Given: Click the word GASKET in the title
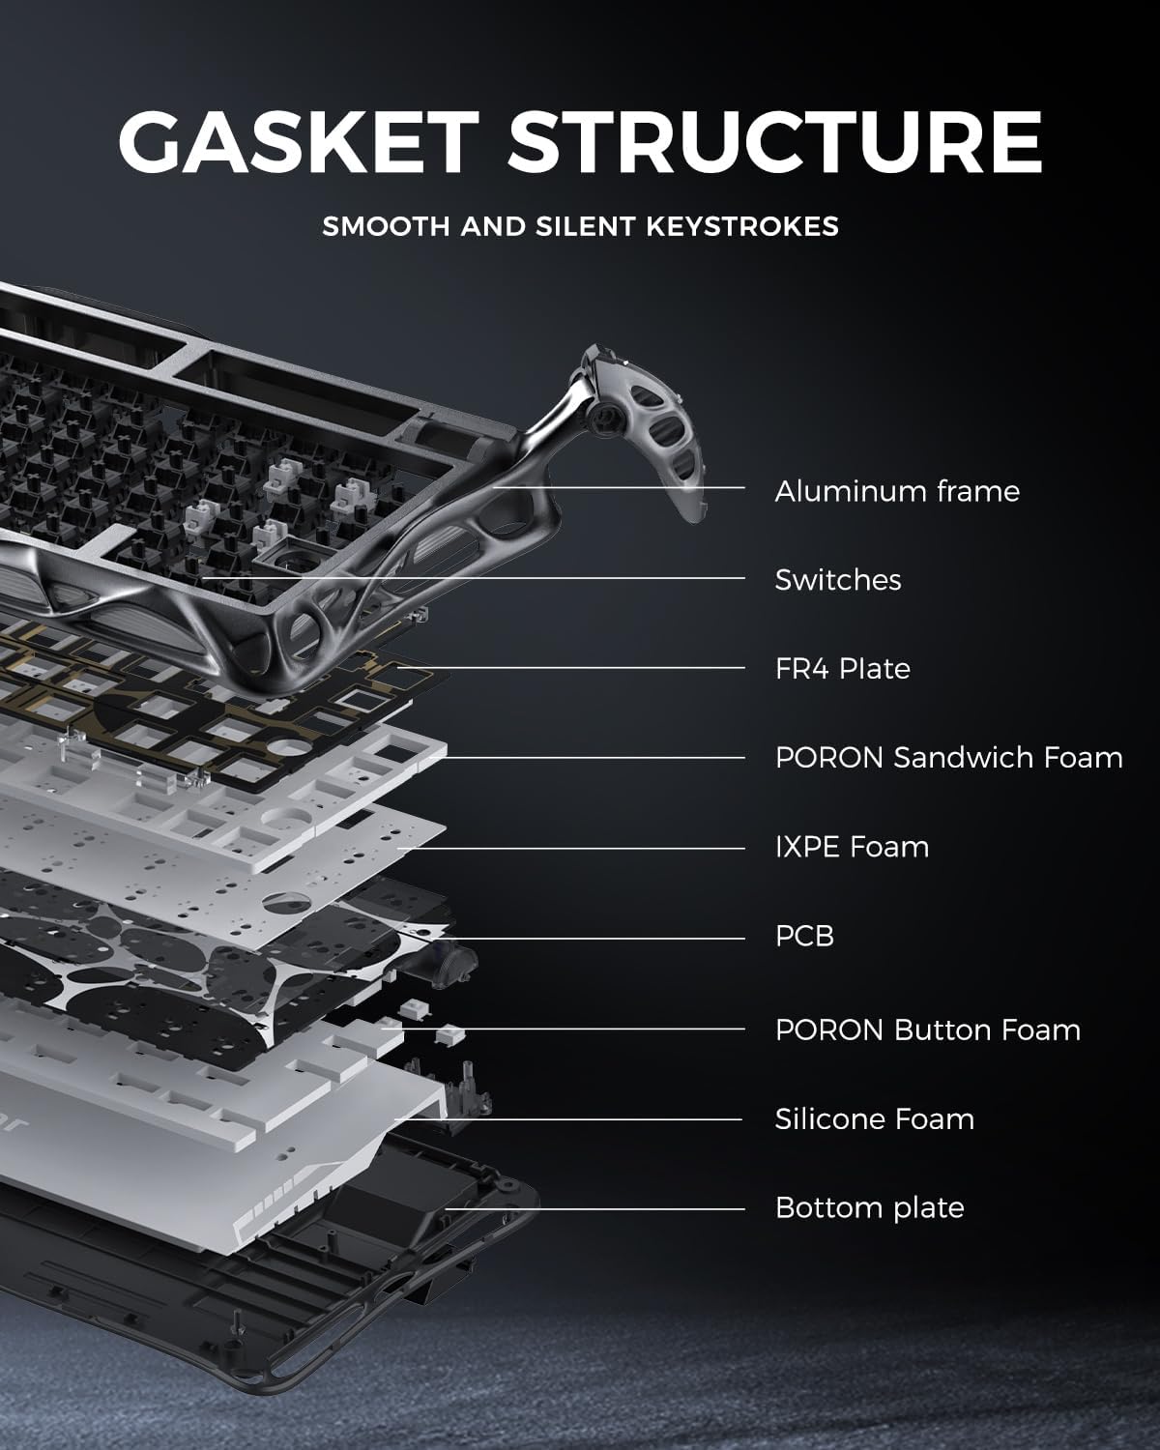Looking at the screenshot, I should pos(299,142).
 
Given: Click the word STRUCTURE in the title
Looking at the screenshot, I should pos(774,142).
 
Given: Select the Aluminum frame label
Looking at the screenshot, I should pos(896,491).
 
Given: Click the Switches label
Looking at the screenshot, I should pos(837,580).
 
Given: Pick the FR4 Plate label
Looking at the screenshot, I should pos(842,669).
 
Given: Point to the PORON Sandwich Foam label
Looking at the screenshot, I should pos(948,758).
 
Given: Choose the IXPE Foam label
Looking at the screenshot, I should pos(851,847).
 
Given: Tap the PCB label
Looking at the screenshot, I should pos(803,936).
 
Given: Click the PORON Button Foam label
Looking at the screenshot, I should pos(927,1030).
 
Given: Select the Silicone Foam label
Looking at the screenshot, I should pos(874,1119).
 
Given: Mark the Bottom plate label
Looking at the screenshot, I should pos(869,1208).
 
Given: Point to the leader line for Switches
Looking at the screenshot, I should pos(580,579).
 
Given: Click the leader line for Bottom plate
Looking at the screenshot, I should pos(599,1208).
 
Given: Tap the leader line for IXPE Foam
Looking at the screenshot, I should pos(580,849).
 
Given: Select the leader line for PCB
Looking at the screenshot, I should pos(599,938).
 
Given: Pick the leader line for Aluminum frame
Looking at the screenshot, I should pos(628,488).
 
